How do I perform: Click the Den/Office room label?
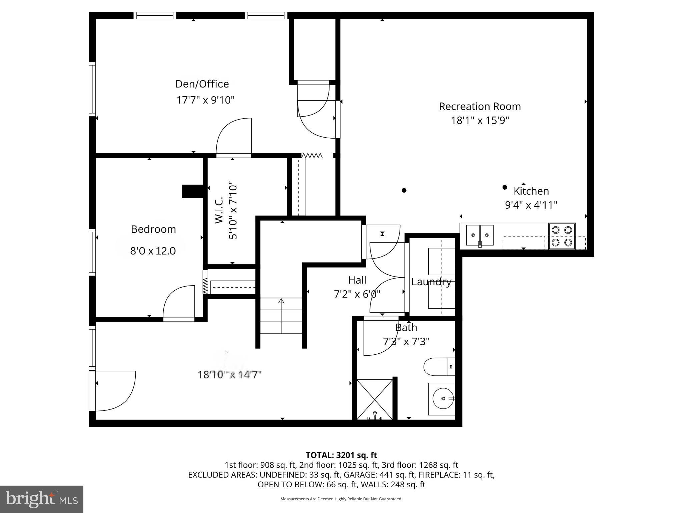pos(202,84)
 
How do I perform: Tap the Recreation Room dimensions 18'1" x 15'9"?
pos(480,120)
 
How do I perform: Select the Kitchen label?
pos(531,191)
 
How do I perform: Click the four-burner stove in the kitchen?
pos(562,236)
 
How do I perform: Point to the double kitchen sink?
pos(480,235)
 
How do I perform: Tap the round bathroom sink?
pos(443,398)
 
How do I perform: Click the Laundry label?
pos(431,282)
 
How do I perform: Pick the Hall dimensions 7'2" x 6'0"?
pos(357,294)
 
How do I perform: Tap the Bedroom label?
pos(153,229)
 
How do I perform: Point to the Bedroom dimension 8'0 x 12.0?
pos(153,251)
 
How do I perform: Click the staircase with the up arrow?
pos(281,316)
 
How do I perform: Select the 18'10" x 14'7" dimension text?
pos(229,375)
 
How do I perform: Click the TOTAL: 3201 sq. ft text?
pos(341,455)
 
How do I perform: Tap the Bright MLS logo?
pos(42,499)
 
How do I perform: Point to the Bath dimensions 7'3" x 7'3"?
pos(406,341)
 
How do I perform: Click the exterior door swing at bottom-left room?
pos(115,391)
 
